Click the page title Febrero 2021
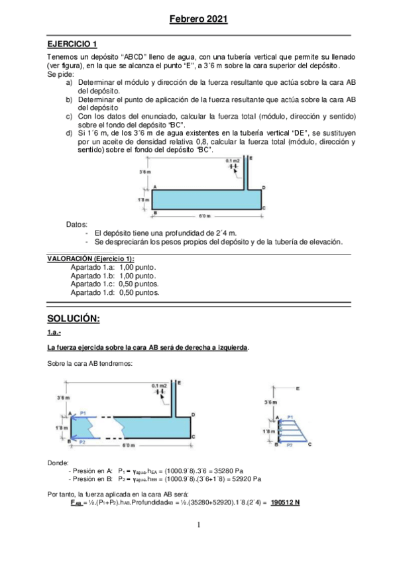pos(198,20)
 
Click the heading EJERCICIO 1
pos(72,44)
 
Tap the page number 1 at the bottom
pos(198,525)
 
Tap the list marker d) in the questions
pos(70,133)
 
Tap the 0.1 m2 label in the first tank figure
pos(232,161)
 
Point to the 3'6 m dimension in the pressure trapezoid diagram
pos(270,402)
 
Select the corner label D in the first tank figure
pos(264,188)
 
